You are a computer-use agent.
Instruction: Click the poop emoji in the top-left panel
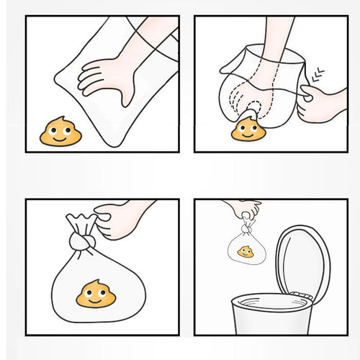click(x=60, y=132)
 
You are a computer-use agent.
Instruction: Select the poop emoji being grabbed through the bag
click(x=248, y=130)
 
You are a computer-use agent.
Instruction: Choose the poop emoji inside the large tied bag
click(x=96, y=294)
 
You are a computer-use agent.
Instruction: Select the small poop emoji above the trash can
click(x=246, y=252)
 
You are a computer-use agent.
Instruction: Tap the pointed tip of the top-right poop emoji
click(x=250, y=115)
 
